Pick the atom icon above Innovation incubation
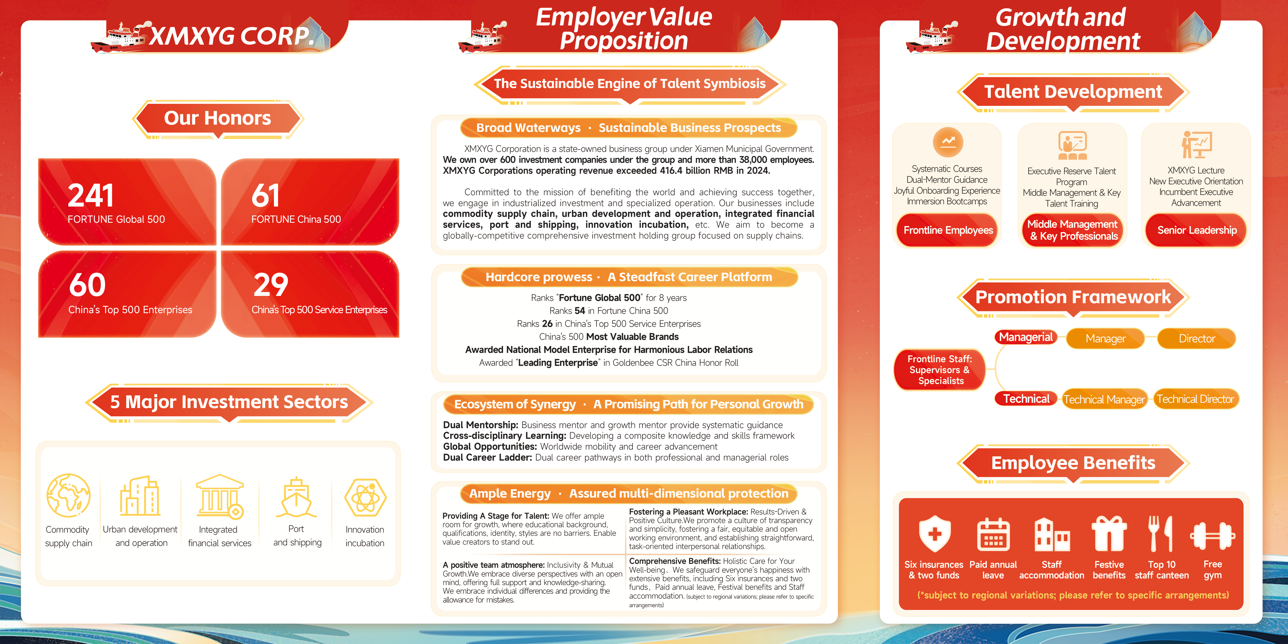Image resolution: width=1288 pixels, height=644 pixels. click(x=366, y=498)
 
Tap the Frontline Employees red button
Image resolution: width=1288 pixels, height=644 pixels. click(x=948, y=230)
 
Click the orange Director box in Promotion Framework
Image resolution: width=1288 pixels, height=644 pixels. click(x=1197, y=338)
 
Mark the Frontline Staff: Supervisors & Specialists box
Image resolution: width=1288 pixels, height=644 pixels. click(x=940, y=370)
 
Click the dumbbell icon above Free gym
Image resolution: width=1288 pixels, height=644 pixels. click(x=1212, y=536)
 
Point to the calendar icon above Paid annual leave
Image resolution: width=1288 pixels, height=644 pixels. click(x=993, y=534)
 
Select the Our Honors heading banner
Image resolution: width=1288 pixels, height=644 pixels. click(x=218, y=119)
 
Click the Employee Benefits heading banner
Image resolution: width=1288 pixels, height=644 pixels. click(x=1073, y=463)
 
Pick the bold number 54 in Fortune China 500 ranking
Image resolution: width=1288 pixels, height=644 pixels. click(x=579, y=310)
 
